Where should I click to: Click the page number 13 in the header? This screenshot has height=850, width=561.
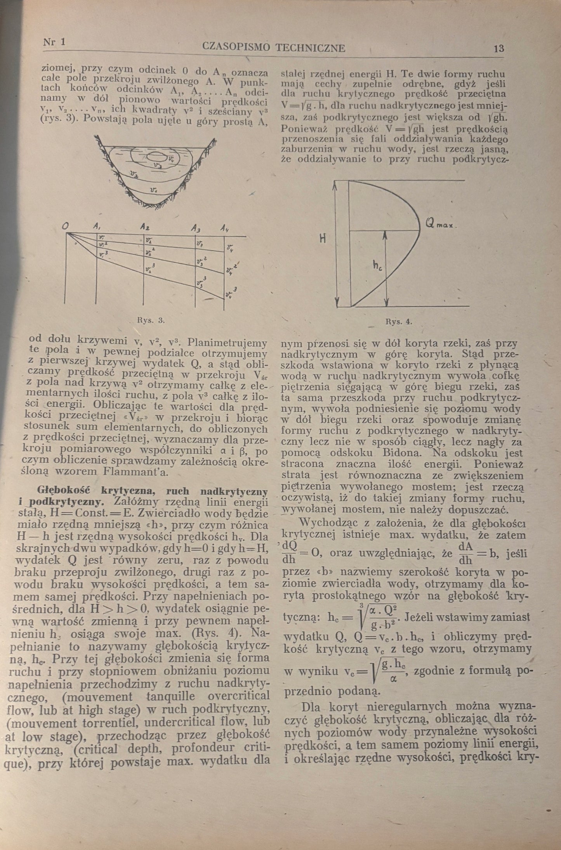coord(498,49)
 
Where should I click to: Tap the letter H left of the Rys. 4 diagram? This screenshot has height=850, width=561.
coord(322,239)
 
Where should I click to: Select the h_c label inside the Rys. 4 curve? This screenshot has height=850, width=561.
coord(377,266)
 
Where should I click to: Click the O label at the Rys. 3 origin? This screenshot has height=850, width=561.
coord(66,226)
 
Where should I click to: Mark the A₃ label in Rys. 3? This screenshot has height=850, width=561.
coord(195,228)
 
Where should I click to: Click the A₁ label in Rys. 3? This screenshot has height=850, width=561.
coord(95,226)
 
